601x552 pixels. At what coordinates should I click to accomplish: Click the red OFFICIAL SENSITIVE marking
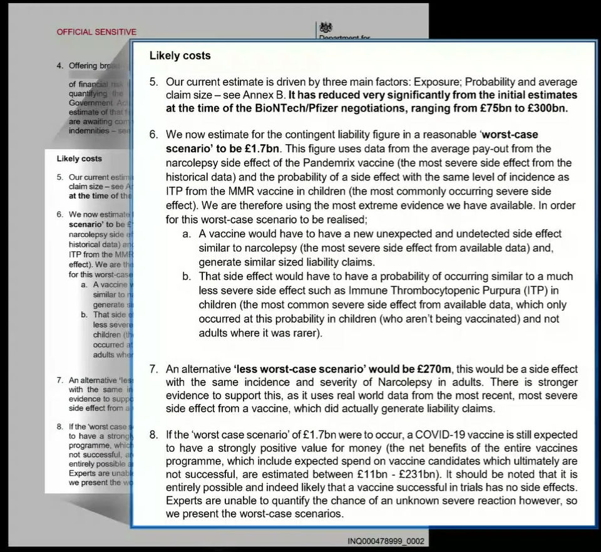tap(96, 32)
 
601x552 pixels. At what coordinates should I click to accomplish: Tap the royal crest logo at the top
tap(326, 28)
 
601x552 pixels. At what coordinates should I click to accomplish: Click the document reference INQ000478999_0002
tap(386, 541)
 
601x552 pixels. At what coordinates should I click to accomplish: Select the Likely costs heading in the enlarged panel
tap(180, 56)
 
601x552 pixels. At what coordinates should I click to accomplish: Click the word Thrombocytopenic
tap(411, 291)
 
